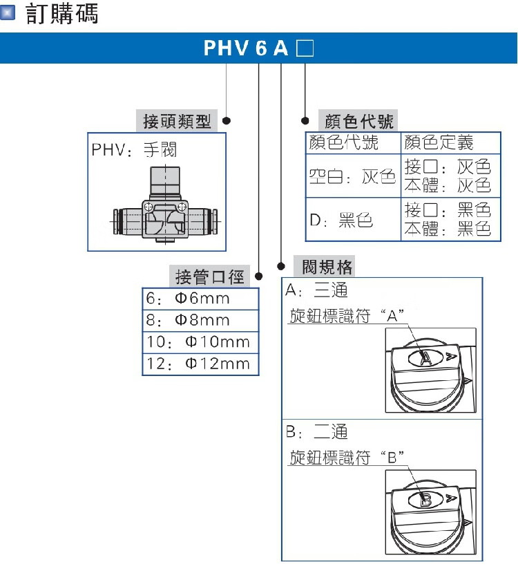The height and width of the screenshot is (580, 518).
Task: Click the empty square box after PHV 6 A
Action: (305, 50)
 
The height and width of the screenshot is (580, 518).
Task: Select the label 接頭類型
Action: (176, 122)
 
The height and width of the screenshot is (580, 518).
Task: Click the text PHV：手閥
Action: (135, 149)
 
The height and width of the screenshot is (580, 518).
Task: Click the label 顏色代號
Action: (356, 122)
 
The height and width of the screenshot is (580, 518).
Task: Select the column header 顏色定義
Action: (439, 143)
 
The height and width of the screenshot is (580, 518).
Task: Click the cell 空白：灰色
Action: (352, 177)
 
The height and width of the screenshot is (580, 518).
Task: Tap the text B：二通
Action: (317, 433)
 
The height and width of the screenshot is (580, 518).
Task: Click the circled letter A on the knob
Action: (426, 357)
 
